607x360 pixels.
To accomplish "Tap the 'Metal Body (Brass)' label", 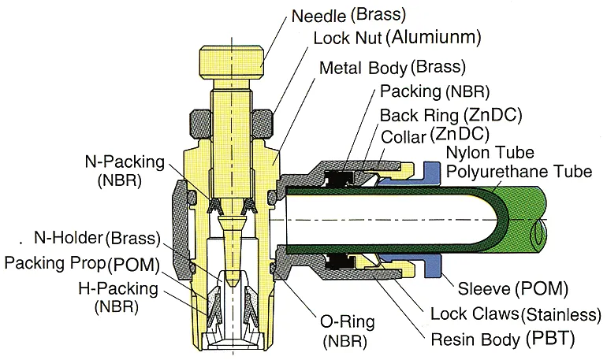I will point(392,67).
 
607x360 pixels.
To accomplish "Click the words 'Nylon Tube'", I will point(489,152).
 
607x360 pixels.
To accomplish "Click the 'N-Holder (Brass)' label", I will point(97,238).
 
